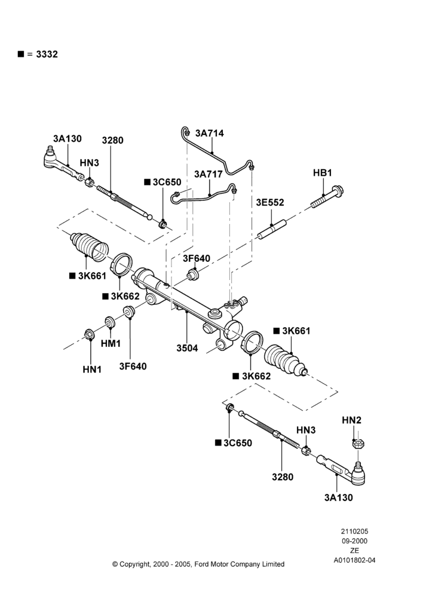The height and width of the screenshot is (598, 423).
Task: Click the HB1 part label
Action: [323, 173]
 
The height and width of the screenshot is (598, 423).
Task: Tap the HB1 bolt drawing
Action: [327, 196]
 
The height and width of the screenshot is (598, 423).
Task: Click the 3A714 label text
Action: [210, 133]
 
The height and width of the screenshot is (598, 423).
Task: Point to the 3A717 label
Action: [208, 174]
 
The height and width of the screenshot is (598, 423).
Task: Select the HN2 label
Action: [351, 420]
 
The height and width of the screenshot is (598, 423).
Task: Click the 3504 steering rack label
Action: [187, 348]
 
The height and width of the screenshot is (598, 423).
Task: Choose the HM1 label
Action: [111, 344]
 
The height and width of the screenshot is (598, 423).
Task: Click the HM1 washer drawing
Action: [110, 322]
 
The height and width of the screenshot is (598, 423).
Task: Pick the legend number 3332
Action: [47, 54]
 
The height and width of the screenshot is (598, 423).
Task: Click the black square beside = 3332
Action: [21, 54]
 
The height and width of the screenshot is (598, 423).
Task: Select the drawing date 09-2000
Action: [354, 541]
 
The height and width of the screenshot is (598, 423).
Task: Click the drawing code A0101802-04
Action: [354, 560]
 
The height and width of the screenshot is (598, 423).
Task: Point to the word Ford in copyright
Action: [201, 564]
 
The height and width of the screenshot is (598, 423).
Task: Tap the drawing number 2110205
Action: [354, 531]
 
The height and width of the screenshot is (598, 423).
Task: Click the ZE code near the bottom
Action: [354, 551]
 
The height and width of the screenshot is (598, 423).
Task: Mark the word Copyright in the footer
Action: [135, 565]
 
